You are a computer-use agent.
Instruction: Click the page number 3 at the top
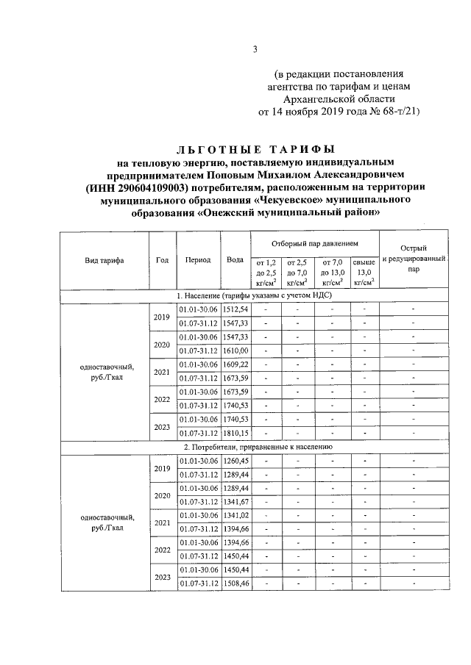click(255, 49)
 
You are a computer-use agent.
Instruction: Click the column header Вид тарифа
click(104, 260)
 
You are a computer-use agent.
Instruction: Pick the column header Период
click(199, 260)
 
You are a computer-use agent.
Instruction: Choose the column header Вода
click(235, 260)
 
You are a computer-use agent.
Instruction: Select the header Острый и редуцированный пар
click(415, 259)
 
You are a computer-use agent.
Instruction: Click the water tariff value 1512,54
click(236, 309)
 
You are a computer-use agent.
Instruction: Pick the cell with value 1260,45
click(236, 461)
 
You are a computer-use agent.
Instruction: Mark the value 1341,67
click(236, 501)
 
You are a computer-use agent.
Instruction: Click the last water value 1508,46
click(236, 583)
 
